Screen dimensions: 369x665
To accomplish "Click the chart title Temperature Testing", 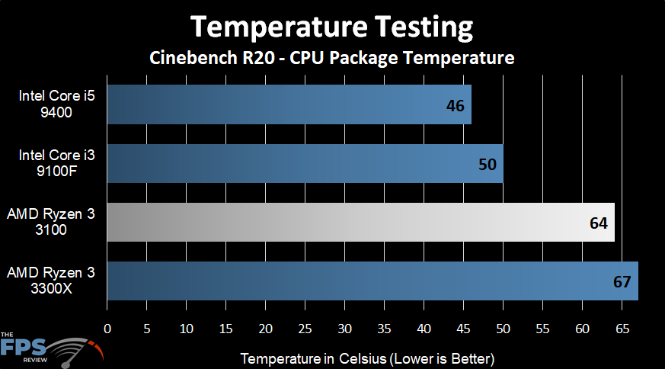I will pos(331,27).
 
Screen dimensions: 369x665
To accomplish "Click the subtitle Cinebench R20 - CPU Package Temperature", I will pos(331,58).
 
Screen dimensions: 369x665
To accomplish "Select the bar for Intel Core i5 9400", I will pos(289,104).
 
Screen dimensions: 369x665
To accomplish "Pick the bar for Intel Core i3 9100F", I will pos(305,163).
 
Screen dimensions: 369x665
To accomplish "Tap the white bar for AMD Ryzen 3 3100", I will pos(360,222).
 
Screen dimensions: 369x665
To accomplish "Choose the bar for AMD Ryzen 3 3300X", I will pos(372,281).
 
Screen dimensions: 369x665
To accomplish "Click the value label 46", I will pos(455,105).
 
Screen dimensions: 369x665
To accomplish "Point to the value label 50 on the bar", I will pos(487,164).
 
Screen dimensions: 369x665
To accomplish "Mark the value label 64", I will pos(598,223).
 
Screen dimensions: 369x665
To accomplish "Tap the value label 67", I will pos(622,281).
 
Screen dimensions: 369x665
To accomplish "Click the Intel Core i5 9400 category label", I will pos(52,104).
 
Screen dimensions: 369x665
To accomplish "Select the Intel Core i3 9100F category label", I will pos(52,163).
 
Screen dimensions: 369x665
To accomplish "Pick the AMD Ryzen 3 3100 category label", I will pos(52,222).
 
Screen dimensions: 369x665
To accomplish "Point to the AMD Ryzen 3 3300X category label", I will pos(52,281).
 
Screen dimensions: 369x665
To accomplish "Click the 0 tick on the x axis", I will pos(107,329).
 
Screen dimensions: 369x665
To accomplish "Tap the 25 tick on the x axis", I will pos(305,329).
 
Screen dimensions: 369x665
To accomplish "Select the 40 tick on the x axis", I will pos(424,329).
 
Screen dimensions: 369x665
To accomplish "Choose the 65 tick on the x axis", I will pos(622,329).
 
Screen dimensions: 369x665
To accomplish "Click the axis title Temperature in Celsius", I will pos(368,358).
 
